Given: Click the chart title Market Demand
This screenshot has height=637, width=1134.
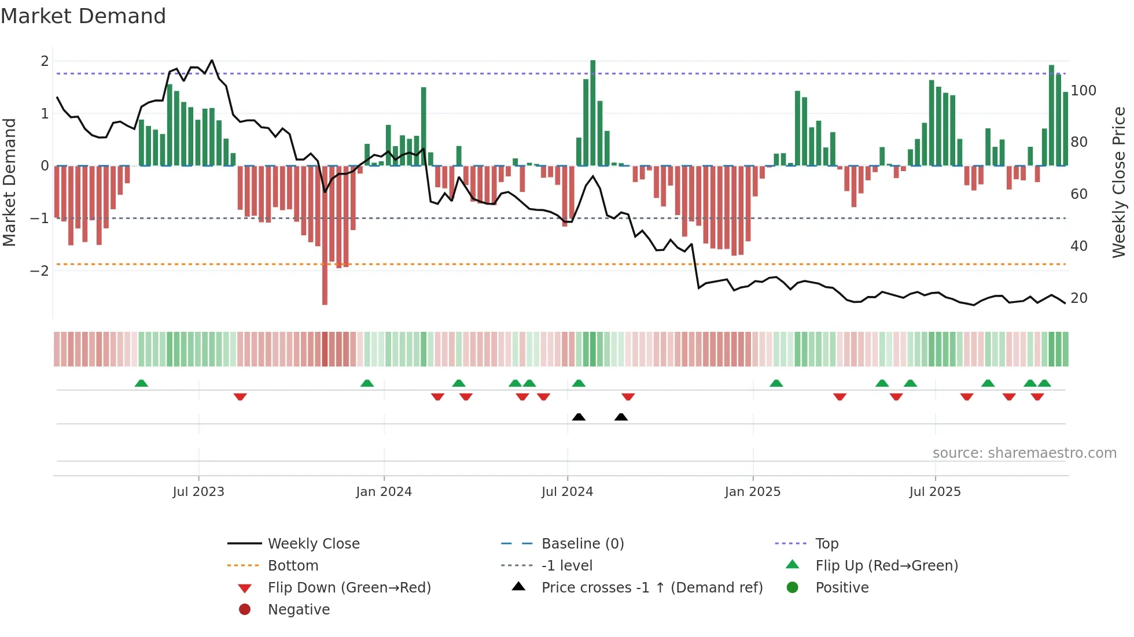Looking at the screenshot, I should (83, 16).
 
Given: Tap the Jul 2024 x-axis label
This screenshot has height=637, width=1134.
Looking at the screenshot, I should (567, 492).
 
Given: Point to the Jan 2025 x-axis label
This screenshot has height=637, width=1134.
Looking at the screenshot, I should (752, 492).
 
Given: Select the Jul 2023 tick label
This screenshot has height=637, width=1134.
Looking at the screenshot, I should (198, 492).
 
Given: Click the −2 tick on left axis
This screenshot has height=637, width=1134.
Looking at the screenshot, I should (39, 271).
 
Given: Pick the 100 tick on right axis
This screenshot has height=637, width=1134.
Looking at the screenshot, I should (1083, 91).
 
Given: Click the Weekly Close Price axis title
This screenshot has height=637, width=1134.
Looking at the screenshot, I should (1119, 182).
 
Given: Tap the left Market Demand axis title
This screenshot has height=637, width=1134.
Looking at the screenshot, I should (9, 182).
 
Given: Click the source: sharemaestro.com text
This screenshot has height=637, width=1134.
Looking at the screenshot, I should (1024, 453).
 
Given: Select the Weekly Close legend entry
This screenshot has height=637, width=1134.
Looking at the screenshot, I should (313, 544).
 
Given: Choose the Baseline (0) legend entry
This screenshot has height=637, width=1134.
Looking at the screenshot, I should (582, 544).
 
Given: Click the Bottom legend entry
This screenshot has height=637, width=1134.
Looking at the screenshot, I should (293, 566).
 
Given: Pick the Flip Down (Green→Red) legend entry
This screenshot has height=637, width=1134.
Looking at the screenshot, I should (349, 588).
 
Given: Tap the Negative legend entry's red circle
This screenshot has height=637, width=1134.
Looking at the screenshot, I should (245, 610).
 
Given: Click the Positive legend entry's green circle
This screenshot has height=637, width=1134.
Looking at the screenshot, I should (793, 588).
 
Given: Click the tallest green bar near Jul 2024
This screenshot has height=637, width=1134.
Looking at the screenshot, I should (592, 113).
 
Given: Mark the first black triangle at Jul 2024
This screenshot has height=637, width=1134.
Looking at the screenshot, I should (579, 417).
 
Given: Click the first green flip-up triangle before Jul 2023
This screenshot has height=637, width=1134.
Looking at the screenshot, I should (141, 383).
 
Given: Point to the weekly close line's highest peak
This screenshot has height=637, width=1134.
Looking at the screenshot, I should (212, 60).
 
